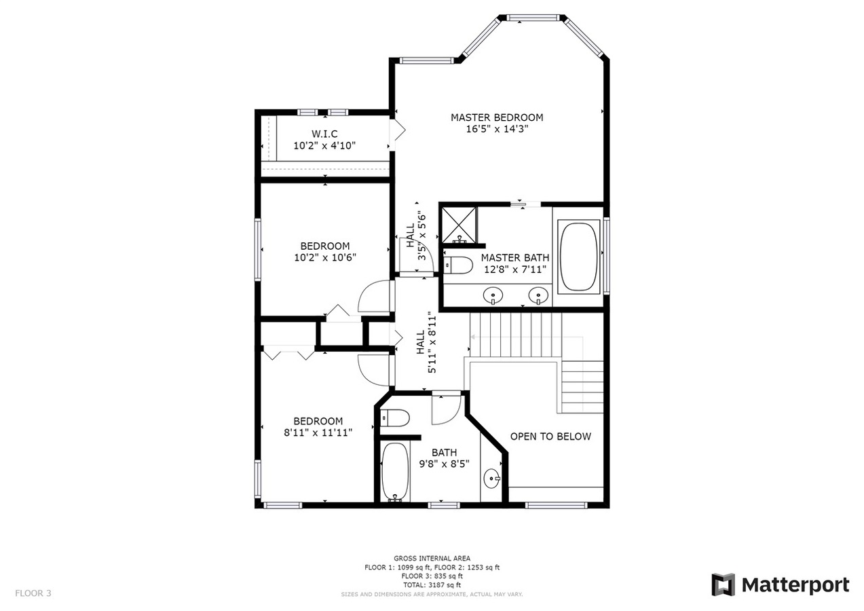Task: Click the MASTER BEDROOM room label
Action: tap(497, 117)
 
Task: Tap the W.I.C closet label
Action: tap(324, 134)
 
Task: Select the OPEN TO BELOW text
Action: tap(550, 437)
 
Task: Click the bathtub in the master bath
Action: tap(578, 257)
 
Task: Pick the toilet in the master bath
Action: tap(458, 265)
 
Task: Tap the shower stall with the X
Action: tap(459, 225)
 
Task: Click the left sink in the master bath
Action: tap(493, 296)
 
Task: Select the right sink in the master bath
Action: tap(538, 296)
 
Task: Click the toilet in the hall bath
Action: tap(394, 418)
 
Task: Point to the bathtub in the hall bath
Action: tap(394, 472)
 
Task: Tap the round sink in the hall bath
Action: tap(491, 479)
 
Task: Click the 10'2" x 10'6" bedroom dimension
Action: tap(325, 257)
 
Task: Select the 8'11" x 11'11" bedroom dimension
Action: tap(318, 432)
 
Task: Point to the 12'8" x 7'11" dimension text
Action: tap(515, 269)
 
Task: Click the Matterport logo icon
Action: tap(724, 585)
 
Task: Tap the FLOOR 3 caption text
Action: tap(33, 593)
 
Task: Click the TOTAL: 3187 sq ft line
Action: tap(432, 585)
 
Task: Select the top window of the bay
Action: tap(532, 18)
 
